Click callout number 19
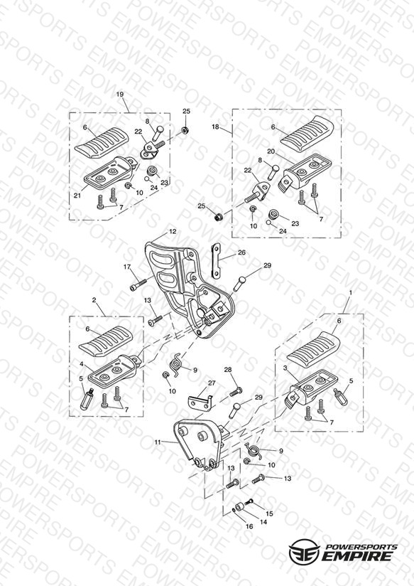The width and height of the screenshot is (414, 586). [120, 95]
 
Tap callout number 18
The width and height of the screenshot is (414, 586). [215, 127]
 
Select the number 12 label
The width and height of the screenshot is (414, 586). [172, 232]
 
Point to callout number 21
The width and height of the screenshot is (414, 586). [77, 196]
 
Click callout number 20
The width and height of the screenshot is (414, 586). [271, 151]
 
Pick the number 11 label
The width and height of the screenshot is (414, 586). [158, 442]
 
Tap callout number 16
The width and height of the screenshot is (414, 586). [249, 526]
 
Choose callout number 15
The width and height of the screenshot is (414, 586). [269, 513]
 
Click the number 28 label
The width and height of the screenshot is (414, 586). [228, 370]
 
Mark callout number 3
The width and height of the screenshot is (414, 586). [285, 368]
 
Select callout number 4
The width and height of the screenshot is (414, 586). [82, 363]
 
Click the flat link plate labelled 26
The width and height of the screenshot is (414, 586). [216, 261]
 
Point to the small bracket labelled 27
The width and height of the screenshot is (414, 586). [200, 398]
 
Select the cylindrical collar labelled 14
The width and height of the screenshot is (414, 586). [239, 507]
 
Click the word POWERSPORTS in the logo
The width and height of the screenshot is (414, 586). [361, 547]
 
